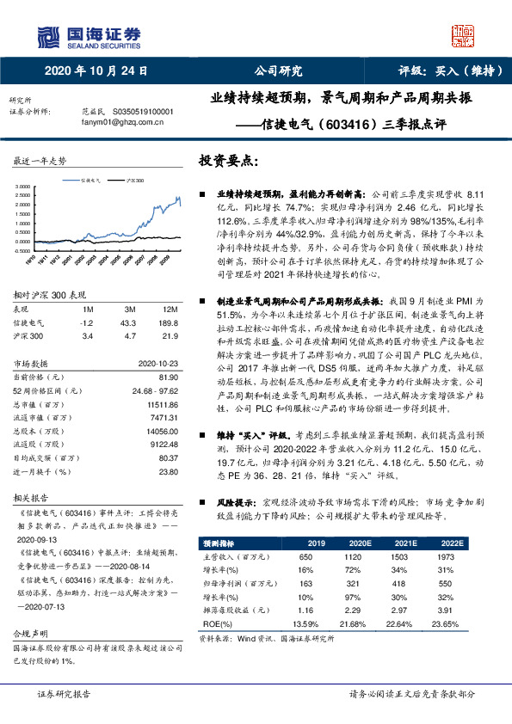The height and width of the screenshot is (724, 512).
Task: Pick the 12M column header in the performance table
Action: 169,309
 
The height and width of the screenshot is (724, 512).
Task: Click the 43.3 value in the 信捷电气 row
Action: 129,322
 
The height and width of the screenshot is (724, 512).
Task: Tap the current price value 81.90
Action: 166,377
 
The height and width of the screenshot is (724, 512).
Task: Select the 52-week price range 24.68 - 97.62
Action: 151,390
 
